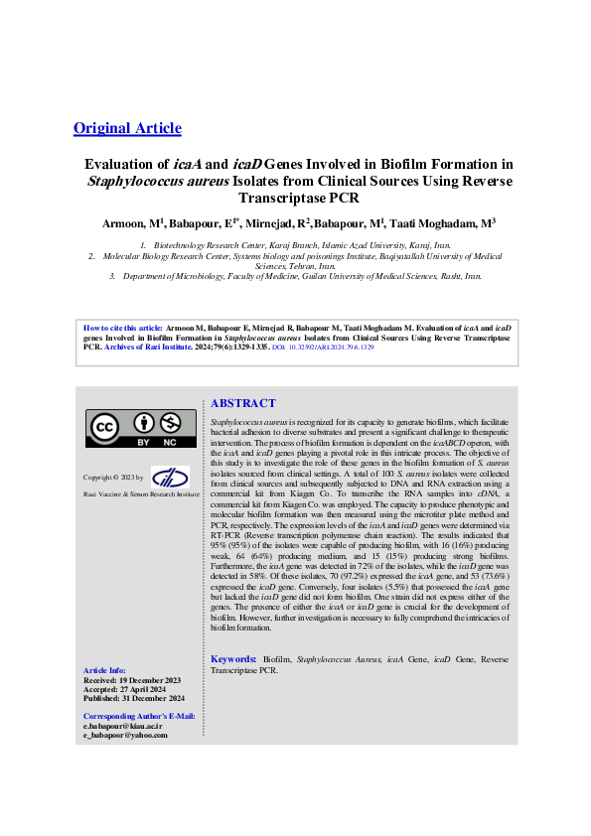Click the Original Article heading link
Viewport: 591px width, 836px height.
[127, 127]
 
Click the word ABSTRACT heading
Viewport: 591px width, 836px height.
[243, 403]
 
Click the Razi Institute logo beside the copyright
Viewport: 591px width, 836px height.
[170, 477]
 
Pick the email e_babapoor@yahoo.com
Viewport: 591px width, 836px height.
[125, 735]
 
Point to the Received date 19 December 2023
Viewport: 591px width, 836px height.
[132, 679]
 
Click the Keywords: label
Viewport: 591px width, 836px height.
[232, 659]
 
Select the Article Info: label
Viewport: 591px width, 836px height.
[104, 670]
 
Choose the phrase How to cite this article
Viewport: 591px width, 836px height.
[121, 327]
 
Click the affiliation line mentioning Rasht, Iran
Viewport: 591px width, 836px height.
[295, 276]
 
